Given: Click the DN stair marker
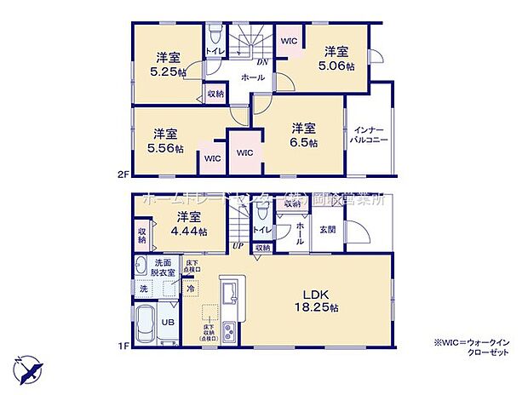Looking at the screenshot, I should tap(263, 61).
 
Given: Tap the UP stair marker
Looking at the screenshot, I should tap(239, 246).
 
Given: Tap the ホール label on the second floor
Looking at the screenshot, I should tap(251, 77).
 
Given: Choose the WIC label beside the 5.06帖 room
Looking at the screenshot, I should tap(289, 39).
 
